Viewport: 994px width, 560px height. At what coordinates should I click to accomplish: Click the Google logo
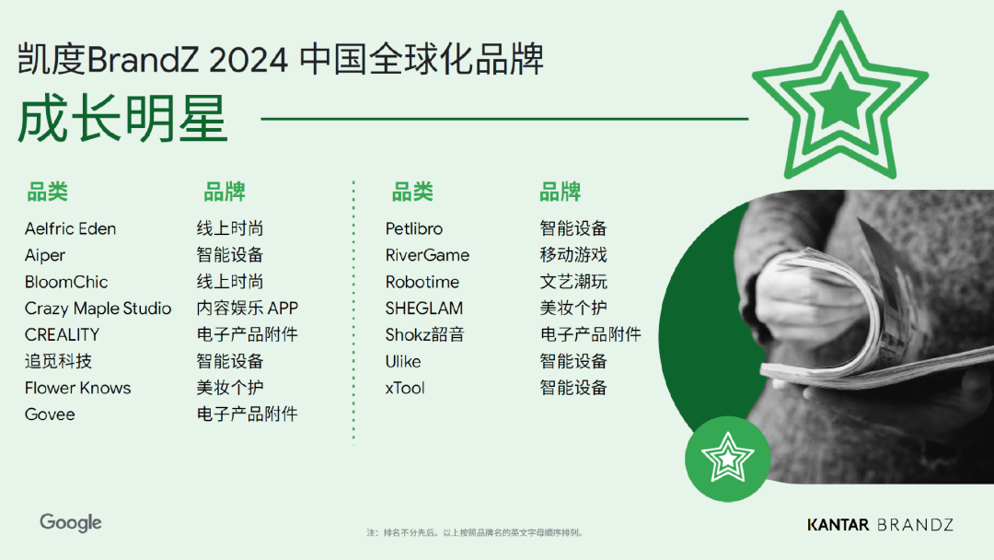pyautogui.click(x=70, y=522)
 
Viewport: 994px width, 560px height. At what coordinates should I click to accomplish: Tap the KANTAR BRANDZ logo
pyautogui.click(x=880, y=525)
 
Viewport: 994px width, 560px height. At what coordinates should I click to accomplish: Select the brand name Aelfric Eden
pyautogui.click(x=71, y=228)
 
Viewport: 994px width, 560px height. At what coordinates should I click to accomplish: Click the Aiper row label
pyautogui.click(x=45, y=255)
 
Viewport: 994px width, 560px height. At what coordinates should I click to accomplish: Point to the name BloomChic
pyautogui.click(x=66, y=282)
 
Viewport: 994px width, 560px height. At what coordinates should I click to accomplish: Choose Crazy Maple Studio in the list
pyautogui.click(x=98, y=309)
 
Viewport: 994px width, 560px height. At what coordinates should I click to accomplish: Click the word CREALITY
pyautogui.click(x=62, y=334)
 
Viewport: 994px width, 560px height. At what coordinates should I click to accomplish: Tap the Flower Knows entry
pyautogui.click(x=78, y=388)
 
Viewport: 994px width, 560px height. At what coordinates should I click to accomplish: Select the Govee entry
pyautogui.click(x=50, y=414)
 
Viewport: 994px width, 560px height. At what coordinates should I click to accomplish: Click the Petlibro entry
pyautogui.click(x=414, y=228)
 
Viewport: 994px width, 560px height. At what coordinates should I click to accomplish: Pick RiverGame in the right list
pyautogui.click(x=427, y=255)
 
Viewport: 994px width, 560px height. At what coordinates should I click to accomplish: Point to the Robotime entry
pyautogui.click(x=422, y=282)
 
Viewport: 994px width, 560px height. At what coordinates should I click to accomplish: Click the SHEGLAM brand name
pyautogui.click(x=424, y=309)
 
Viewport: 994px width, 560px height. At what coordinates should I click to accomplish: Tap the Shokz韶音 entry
pyautogui.click(x=425, y=334)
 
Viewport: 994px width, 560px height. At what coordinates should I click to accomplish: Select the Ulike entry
pyautogui.click(x=403, y=361)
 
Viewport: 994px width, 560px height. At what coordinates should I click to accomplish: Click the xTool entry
pyautogui.click(x=405, y=388)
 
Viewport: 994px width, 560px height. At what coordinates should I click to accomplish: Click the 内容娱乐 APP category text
pyautogui.click(x=247, y=309)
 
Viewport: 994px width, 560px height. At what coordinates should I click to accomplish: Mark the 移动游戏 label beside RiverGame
pyautogui.click(x=573, y=255)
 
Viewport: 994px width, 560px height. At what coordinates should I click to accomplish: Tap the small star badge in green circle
pyautogui.click(x=727, y=458)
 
